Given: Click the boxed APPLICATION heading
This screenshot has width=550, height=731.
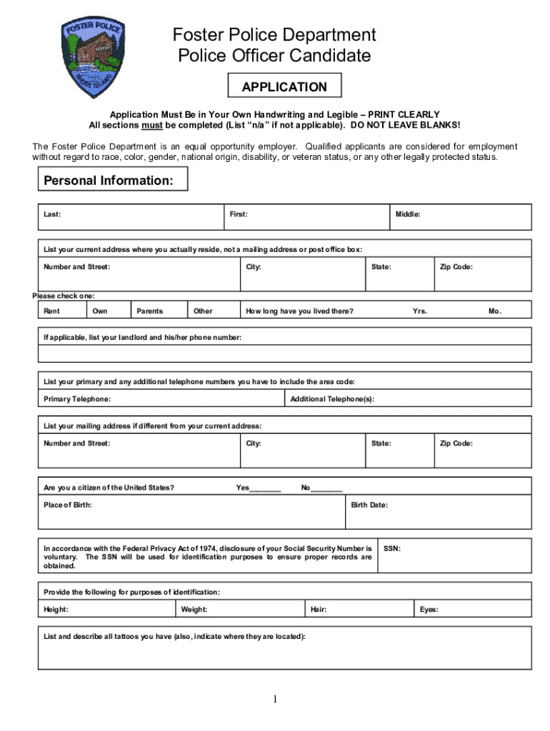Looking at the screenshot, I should (x=284, y=87).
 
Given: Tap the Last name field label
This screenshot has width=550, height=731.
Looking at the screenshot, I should (x=52, y=214).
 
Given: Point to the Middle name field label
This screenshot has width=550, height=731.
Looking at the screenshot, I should (x=408, y=214).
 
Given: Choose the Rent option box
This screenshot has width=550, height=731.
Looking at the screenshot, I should (x=63, y=311).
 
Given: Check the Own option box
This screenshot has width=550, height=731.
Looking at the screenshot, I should (x=109, y=311).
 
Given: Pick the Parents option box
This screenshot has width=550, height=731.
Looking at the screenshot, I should (x=159, y=311).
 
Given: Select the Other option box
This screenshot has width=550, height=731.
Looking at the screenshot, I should (x=213, y=311).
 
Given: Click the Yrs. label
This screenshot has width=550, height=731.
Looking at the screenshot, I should (x=420, y=311).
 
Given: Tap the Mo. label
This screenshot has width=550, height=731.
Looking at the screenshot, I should (x=495, y=311).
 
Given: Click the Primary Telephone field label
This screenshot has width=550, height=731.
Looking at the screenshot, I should (x=77, y=399).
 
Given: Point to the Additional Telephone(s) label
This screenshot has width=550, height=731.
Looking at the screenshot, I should (x=332, y=399).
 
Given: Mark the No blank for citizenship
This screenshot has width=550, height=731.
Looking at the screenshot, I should (x=327, y=490).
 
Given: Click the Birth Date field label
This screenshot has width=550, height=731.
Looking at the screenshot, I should (x=369, y=505).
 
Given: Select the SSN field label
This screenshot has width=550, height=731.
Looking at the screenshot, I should (x=392, y=549).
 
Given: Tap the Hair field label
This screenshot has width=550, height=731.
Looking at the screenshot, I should (x=319, y=610).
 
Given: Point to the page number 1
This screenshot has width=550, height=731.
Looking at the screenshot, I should (x=275, y=700).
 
